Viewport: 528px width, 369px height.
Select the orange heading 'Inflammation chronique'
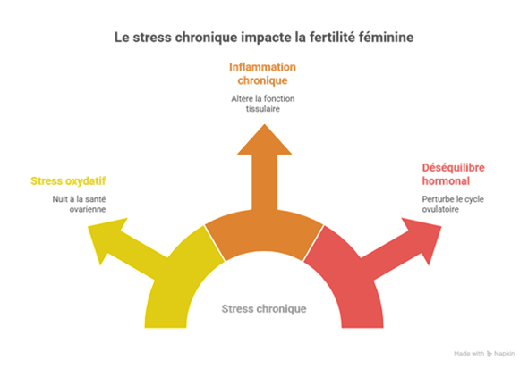pyautogui.click(x=262, y=73)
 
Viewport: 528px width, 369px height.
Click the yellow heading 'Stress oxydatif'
pyautogui.click(x=68, y=180)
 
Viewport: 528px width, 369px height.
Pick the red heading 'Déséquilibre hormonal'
pyautogui.click(x=453, y=174)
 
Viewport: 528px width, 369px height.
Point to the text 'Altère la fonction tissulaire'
pyautogui.click(x=262, y=104)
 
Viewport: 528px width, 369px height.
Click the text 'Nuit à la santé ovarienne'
pyautogui.click(x=79, y=204)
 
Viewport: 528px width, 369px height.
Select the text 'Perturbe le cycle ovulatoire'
pyautogui.click(x=453, y=204)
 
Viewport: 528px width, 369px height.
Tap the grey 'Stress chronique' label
pyautogui.click(x=264, y=308)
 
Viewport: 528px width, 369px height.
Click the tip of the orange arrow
pyautogui.click(x=264, y=124)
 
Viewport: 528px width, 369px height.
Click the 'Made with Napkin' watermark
pyautogui.click(x=484, y=354)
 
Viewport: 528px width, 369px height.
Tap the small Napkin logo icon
pyautogui.click(x=490, y=354)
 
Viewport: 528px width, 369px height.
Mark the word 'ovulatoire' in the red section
pyautogui.click(x=440, y=209)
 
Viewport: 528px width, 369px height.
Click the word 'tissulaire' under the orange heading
pyautogui.click(x=262, y=109)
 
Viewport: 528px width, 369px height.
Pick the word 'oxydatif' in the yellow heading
pyautogui.click(x=86, y=180)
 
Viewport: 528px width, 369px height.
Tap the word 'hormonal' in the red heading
pyautogui.click(x=446, y=180)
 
